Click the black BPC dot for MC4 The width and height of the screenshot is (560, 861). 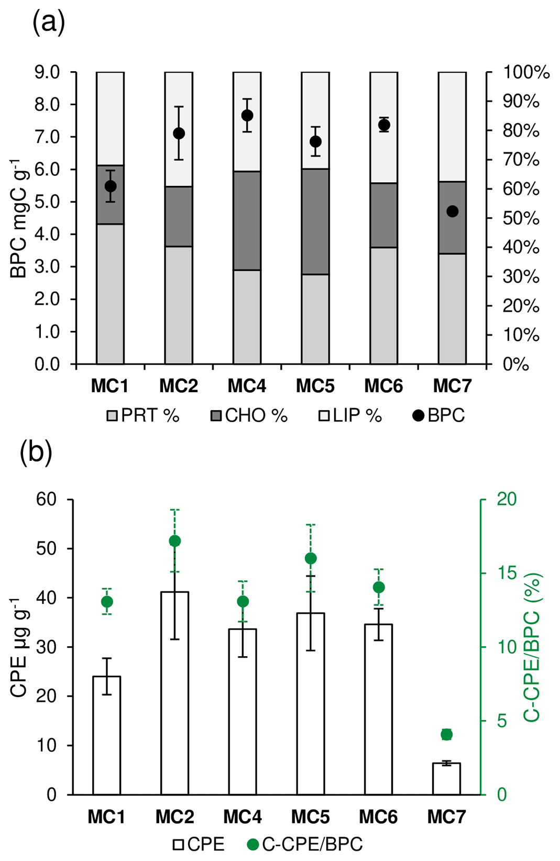tap(247, 115)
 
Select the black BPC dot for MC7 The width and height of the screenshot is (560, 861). tap(452, 211)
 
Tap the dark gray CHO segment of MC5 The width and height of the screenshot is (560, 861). tap(315, 221)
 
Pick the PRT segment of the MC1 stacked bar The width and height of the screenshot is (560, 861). tap(110, 293)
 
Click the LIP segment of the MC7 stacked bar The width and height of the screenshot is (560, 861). tap(452, 126)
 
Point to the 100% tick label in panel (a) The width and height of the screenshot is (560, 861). tap(526, 72)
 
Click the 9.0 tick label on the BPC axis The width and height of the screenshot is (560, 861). tap(48, 72)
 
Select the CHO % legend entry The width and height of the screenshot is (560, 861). tap(249, 416)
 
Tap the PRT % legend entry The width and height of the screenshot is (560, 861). tap(143, 416)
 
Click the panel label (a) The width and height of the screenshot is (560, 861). tap(49, 24)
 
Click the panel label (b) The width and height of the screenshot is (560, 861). tap(36, 452)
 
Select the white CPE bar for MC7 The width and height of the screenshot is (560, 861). tap(446, 779)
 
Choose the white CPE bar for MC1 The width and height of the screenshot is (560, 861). tap(107, 735)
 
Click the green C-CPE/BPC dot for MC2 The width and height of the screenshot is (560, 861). tap(175, 541)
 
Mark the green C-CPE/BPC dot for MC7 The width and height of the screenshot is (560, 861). tap(446, 734)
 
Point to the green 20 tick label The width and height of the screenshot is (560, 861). tap(507, 499)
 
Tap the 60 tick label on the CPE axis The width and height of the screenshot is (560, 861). tap(46, 499)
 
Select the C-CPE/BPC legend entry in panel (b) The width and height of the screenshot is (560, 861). tap(305, 844)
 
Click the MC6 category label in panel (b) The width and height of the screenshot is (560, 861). tap(378, 817)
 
